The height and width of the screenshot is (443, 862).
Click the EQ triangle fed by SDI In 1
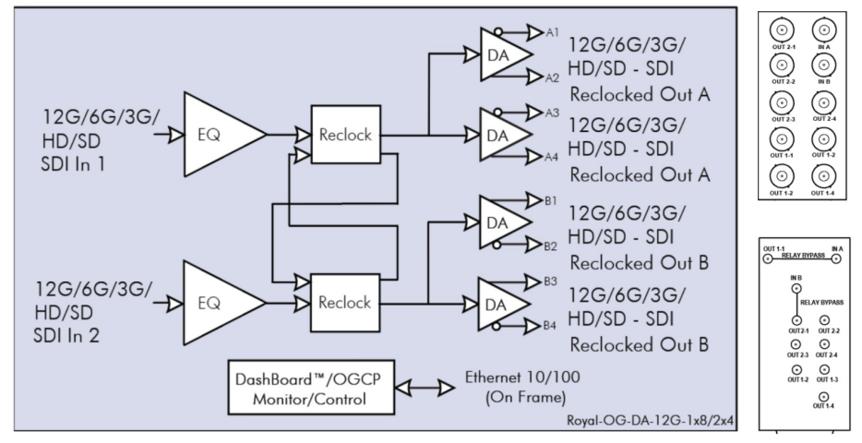point(216,134)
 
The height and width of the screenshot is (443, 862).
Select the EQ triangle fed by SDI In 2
point(216,303)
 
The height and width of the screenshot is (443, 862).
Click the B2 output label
point(550,245)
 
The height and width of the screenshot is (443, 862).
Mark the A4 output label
point(552,156)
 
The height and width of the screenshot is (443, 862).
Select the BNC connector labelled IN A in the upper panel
point(822,30)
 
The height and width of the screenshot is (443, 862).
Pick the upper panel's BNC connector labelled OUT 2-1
point(783,30)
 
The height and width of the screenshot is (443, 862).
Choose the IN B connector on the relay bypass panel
point(796,289)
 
